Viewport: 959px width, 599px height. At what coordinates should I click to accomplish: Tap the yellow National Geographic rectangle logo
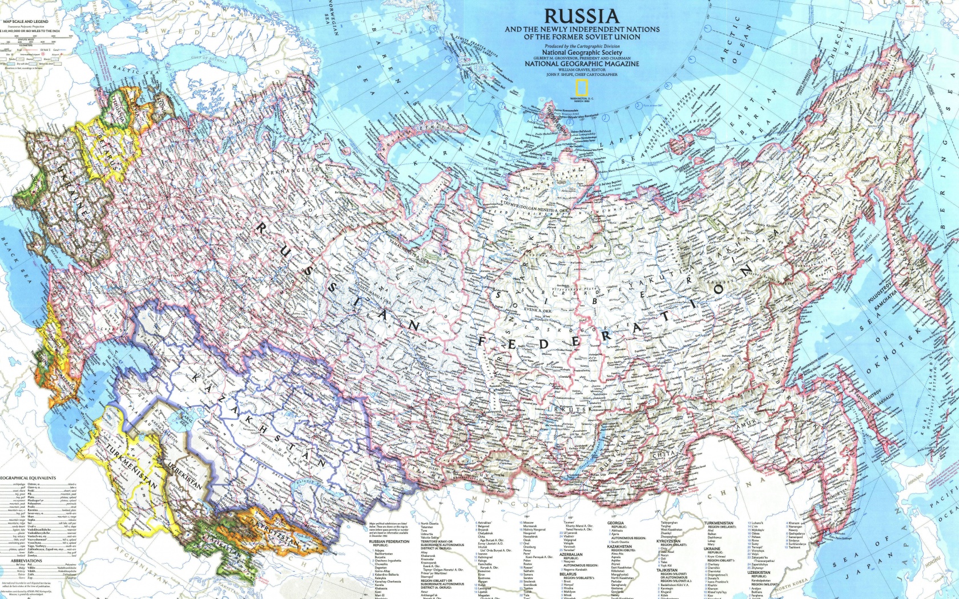point(581,88)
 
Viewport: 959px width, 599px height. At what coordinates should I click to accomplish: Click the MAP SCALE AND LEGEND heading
point(26,22)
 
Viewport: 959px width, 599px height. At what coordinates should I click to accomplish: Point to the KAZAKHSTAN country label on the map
point(260,419)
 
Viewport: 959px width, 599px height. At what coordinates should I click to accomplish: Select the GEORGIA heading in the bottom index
point(615,523)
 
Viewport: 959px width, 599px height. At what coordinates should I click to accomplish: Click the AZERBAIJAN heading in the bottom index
point(571,554)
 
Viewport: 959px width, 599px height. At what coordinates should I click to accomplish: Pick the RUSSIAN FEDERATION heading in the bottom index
point(389,541)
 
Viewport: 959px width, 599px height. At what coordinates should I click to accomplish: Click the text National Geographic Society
point(582,52)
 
